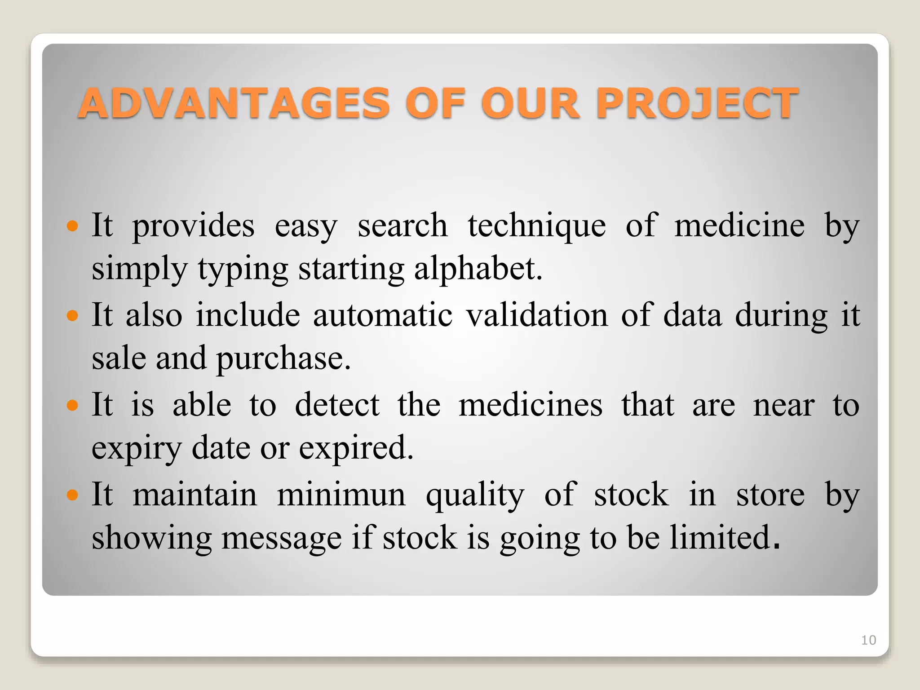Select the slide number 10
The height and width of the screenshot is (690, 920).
(868, 640)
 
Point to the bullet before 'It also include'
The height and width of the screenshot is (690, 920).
(72, 315)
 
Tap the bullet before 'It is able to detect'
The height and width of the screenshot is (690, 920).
(72, 406)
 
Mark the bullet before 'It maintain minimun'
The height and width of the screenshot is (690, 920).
(72, 495)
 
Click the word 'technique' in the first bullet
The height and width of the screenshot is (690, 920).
(536, 226)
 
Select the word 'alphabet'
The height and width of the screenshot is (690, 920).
(478, 269)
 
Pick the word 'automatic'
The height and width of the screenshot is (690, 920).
(383, 315)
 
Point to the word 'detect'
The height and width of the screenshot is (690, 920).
(337, 405)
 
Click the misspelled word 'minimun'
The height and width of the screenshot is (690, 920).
(341, 495)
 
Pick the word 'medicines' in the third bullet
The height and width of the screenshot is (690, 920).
(531, 405)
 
